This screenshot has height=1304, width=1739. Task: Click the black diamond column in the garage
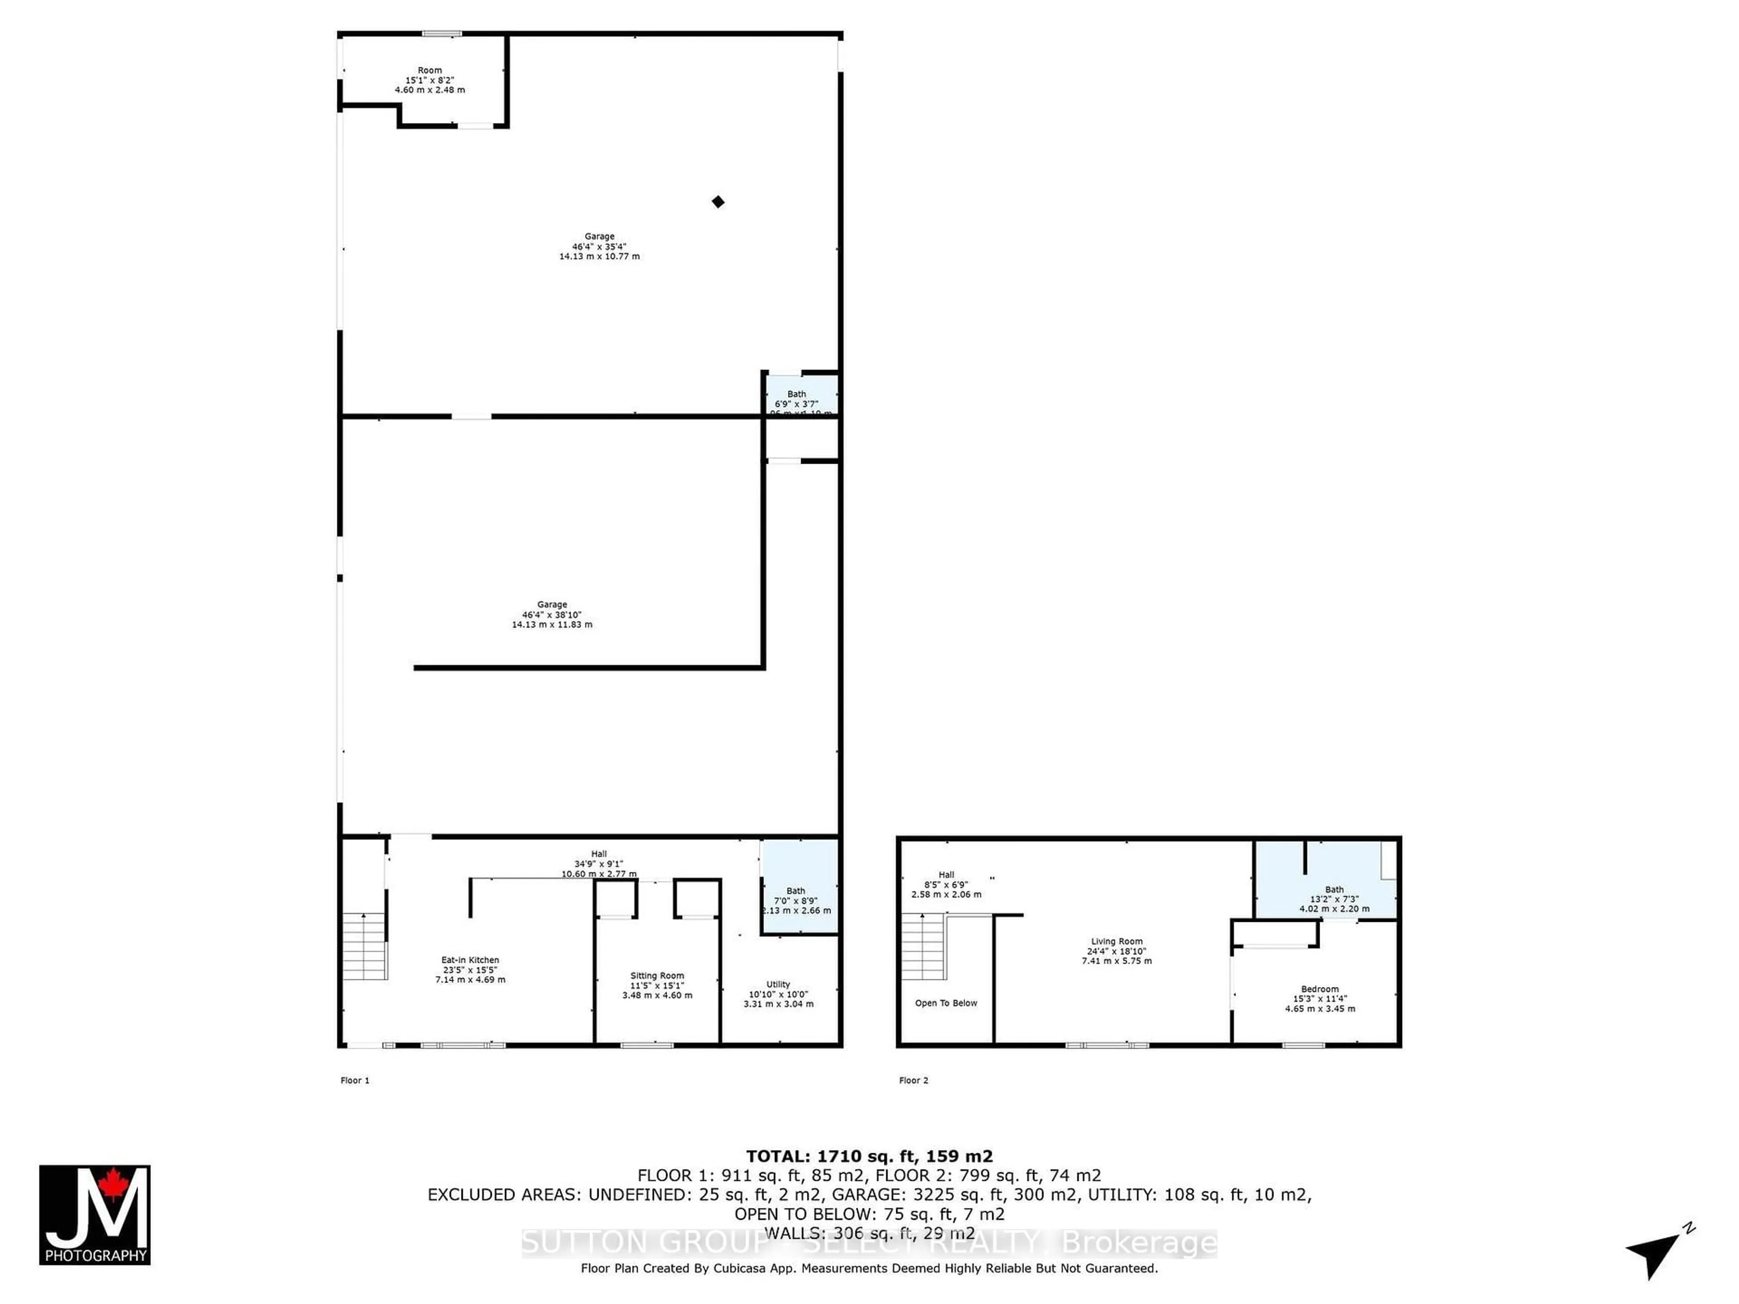point(718,202)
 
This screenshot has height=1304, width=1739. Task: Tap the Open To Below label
point(946,1003)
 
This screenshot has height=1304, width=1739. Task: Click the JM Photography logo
point(94,1214)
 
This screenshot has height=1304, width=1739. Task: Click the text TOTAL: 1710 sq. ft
point(869,1156)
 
